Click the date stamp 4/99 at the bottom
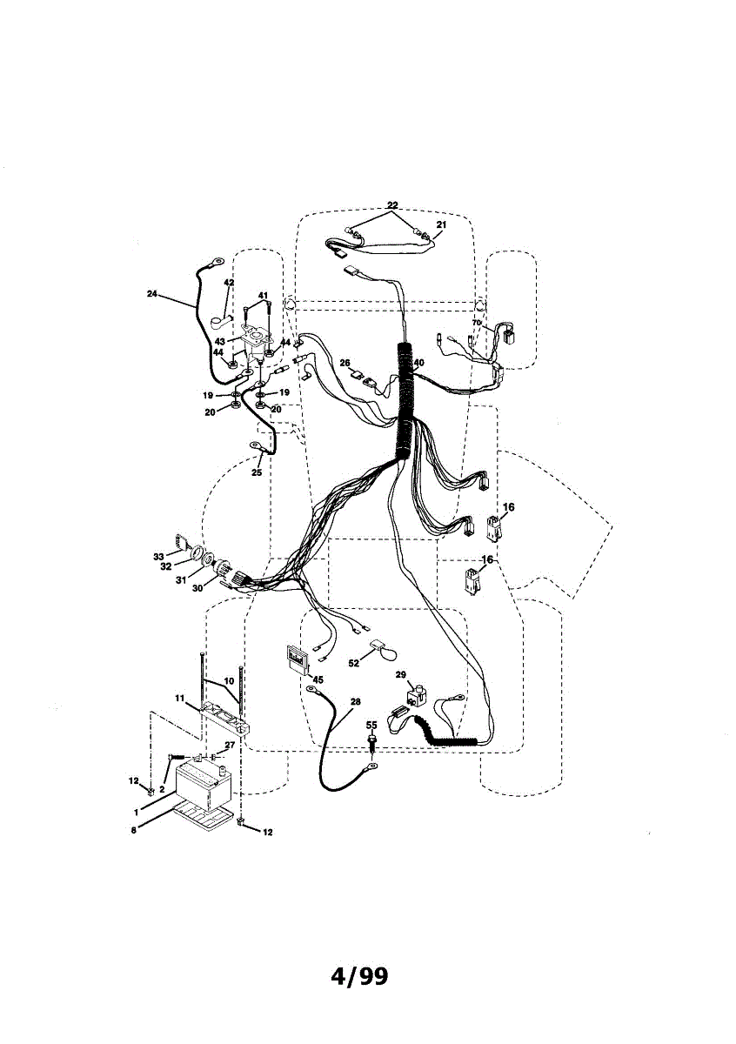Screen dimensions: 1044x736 pyautogui.click(x=359, y=976)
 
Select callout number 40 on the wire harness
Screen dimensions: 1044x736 pyautogui.click(x=418, y=364)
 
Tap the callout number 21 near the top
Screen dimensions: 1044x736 pyautogui.click(x=440, y=225)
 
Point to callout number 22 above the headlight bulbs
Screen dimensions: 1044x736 pyautogui.click(x=392, y=205)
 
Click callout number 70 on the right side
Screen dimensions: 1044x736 pyautogui.click(x=477, y=323)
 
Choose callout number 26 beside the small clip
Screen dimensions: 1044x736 pyautogui.click(x=345, y=363)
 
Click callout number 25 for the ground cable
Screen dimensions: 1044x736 pyautogui.click(x=257, y=472)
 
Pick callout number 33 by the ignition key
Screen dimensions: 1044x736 pyautogui.click(x=158, y=556)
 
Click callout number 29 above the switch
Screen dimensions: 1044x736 pyautogui.click(x=400, y=675)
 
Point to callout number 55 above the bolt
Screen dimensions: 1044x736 pyautogui.click(x=371, y=725)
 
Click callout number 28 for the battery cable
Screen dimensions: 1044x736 pyautogui.click(x=355, y=701)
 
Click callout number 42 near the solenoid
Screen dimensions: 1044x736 pyautogui.click(x=229, y=283)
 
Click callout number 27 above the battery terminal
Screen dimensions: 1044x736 pyautogui.click(x=230, y=746)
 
